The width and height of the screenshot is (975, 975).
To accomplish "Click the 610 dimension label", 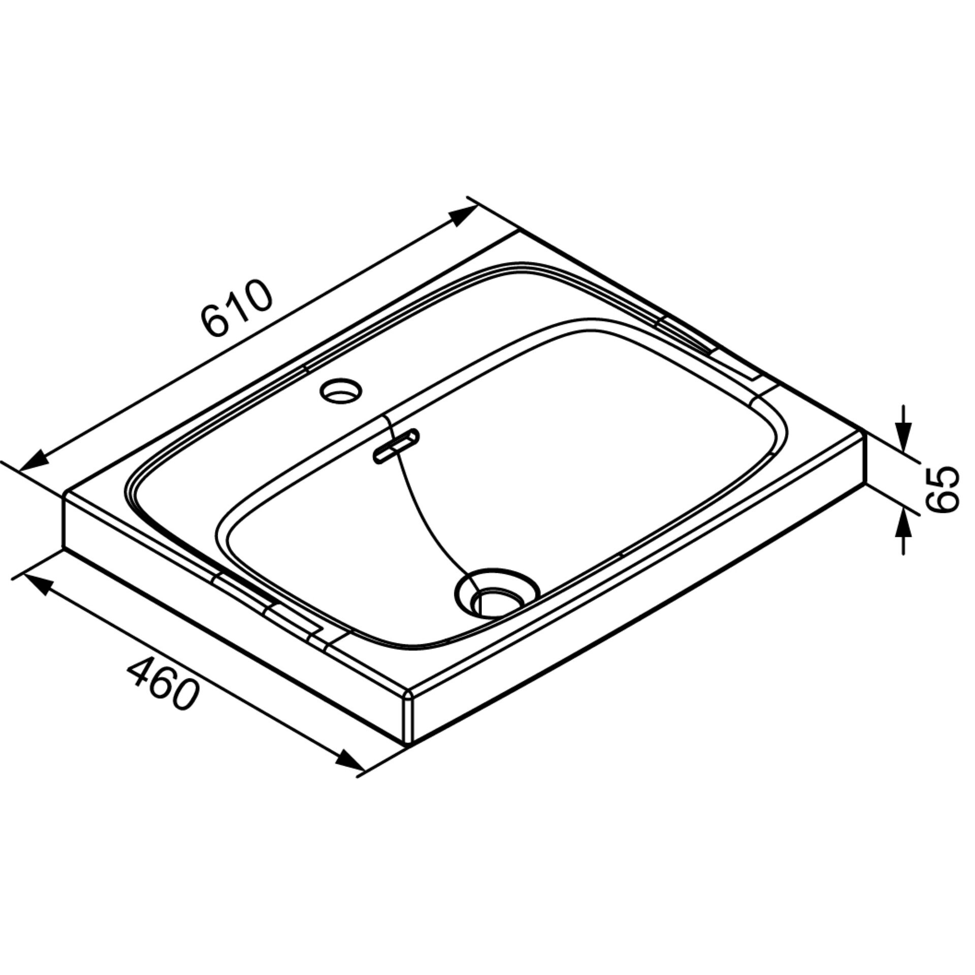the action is pos(237,308).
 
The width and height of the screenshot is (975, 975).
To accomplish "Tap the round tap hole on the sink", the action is pos(341,391).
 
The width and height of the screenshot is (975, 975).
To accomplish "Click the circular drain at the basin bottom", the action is pos(497,593).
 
